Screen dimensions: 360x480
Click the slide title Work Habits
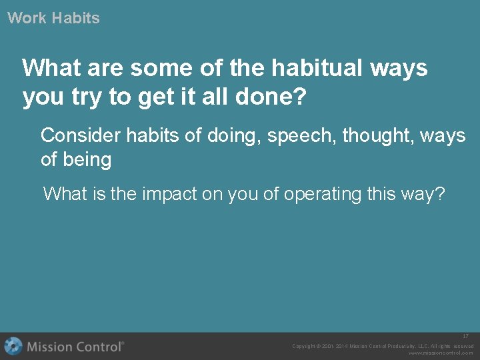(53, 18)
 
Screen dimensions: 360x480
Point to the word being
(86, 160)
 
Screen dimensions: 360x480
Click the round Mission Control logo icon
(13, 346)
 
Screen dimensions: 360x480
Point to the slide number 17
(466, 336)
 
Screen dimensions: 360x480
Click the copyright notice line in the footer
(383, 346)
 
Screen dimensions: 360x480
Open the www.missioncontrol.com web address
(440, 353)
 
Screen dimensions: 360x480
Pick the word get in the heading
(152, 97)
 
